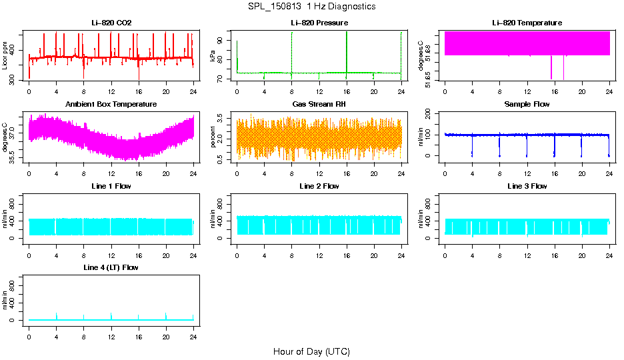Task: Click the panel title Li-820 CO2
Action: pos(111,23)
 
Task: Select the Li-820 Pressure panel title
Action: pos(319,23)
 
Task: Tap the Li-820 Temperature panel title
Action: pos(527,23)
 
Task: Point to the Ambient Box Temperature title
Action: pos(111,105)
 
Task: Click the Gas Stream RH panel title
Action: pos(319,105)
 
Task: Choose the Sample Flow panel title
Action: pos(527,105)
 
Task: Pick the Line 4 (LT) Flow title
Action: pos(111,267)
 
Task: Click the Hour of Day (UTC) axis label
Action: pos(311,351)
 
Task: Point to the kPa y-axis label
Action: pos(213,57)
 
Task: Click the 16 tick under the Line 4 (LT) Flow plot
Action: pos(138,330)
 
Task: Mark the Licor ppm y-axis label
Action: pos(5,57)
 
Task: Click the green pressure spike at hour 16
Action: pos(347,50)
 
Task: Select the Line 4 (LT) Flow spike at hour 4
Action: pos(57,315)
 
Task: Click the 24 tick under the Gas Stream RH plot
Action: pos(401,167)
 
